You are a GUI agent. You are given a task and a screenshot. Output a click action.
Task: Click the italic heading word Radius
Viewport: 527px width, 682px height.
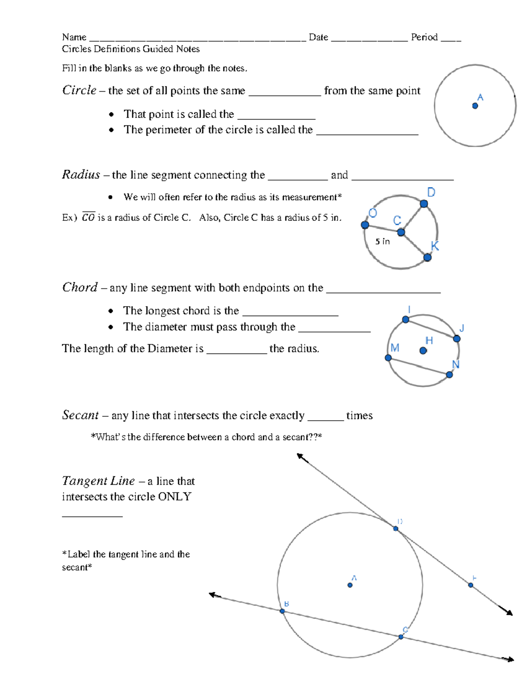coord(81,175)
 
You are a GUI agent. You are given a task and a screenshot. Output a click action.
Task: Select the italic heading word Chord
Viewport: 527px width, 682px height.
coord(80,287)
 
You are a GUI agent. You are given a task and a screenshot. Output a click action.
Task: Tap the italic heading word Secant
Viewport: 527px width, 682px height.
coord(80,415)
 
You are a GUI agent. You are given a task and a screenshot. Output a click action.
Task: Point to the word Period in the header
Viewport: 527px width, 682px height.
coord(424,37)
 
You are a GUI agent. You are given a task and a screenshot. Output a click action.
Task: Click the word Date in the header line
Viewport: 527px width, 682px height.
coord(318,37)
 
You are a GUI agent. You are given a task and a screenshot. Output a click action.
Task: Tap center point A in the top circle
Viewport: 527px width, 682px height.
coord(475,106)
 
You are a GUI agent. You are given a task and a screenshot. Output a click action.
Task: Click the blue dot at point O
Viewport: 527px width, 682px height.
coord(365,225)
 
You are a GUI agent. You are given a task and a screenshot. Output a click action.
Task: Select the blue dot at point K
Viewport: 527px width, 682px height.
coord(427,257)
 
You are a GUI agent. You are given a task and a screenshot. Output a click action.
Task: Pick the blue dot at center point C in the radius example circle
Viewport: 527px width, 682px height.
coord(401,232)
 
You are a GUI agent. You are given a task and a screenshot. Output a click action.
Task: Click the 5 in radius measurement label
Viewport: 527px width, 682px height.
coord(382,242)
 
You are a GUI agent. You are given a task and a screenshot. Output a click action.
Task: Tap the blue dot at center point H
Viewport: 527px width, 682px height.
coord(423,350)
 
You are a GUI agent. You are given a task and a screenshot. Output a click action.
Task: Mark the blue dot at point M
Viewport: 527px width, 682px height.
coord(388,358)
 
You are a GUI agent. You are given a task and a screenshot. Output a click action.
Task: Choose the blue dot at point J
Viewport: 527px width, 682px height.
coord(457,339)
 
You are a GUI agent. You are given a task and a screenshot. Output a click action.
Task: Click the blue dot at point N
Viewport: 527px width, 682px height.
coord(449,375)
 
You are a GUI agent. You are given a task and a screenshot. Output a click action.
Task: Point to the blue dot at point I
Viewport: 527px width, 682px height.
coord(406,320)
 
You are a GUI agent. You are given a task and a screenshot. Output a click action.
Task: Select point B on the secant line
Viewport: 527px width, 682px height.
coord(282,611)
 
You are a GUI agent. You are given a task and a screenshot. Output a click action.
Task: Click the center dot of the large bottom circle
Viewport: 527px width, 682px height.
coord(350,585)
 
